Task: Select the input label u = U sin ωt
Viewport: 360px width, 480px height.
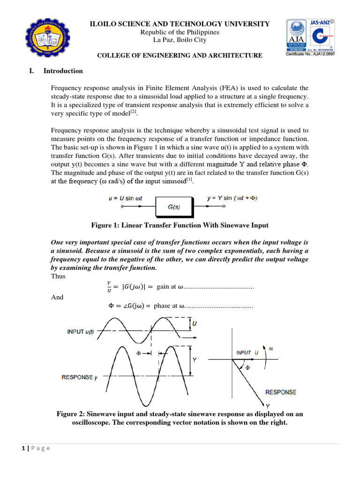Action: pos(123,198)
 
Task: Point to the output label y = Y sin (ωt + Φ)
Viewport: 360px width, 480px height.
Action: pos(232,198)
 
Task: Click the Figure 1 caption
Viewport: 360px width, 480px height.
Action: pos(180,225)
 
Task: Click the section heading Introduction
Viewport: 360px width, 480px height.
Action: pos(63,71)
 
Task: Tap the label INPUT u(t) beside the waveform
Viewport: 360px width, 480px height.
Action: pos(80,332)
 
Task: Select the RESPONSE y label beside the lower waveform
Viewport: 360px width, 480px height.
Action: pos(79,377)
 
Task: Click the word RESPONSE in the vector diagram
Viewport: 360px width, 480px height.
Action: pos(281,392)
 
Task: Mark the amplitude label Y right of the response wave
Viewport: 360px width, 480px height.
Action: pos(194,360)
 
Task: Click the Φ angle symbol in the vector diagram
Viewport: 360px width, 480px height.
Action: pos(248,368)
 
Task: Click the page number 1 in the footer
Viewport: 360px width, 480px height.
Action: pos(23,448)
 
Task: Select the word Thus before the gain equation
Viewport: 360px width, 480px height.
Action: pos(58,276)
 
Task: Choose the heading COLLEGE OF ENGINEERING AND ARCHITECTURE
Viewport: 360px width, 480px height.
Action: pos(180,56)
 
